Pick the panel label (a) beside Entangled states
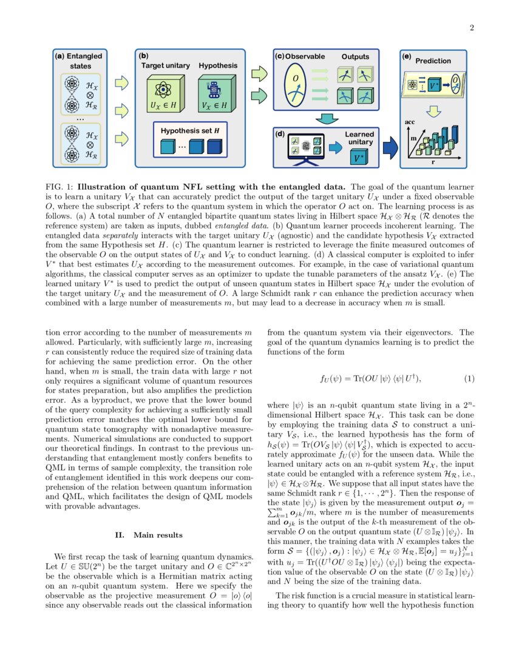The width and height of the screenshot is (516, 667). point(59,56)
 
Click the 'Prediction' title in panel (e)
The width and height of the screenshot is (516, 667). point(433,61)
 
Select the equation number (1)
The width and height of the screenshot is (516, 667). point(469,379)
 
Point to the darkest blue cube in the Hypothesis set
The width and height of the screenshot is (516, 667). point(214,147)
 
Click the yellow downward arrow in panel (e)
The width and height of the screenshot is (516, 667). point(433,111)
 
